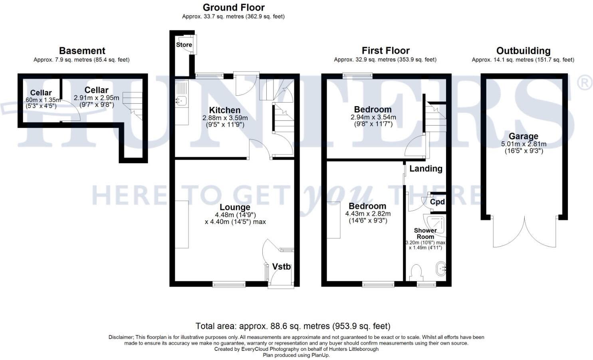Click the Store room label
coord(184,45)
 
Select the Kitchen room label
coord(225,110)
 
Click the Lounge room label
coord(235,207)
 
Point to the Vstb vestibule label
coord(281,267)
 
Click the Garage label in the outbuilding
coord(523,136)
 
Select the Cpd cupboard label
coord(437,202)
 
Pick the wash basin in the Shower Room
coord(440,269)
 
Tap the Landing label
coord(426,169)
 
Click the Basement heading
coord(82,51)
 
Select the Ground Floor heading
coord(234,7)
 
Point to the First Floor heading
coord(385,51)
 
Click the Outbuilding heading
coord(523,51)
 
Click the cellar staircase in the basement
coord(133,105)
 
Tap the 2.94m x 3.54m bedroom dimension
coord(373,117)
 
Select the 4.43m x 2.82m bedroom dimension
coord(368,214)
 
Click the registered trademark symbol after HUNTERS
coord(584,83)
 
